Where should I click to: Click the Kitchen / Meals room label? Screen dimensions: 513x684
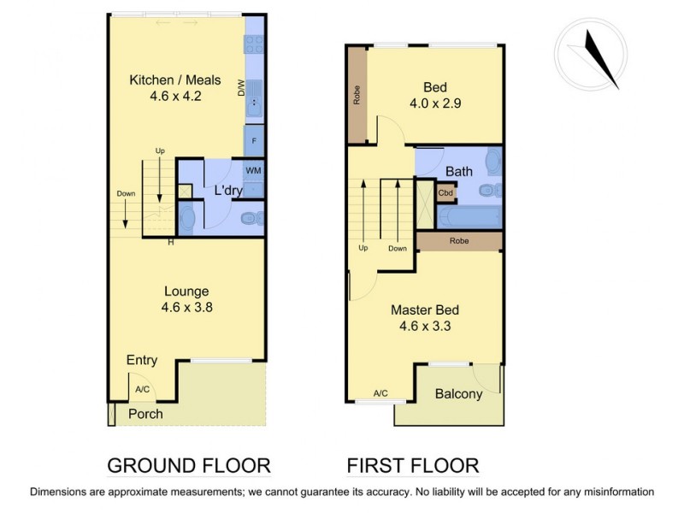[174, 80]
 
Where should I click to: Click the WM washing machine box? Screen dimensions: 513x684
[253, 171]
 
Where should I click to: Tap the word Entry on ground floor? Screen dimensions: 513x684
[141, 360]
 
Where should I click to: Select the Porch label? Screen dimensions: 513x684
[145, 414]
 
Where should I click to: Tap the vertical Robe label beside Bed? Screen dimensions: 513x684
[357, 95]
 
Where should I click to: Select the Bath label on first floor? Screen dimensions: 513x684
[459, 171]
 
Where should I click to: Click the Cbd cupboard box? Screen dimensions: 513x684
[445, 193]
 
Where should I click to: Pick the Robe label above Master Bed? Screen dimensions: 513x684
[460, 242]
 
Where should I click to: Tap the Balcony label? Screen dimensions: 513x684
[458, 394]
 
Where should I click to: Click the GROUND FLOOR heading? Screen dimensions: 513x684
[188, 466]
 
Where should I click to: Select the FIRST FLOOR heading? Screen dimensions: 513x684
[412, 466]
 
